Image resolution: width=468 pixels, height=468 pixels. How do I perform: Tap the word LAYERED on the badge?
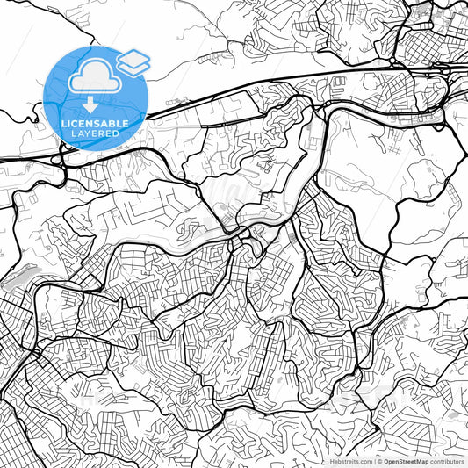tap(95, 134)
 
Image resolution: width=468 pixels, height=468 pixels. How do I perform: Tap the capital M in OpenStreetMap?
tap(423, 460)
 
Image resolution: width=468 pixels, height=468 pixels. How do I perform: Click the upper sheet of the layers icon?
tap(133, 57)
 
